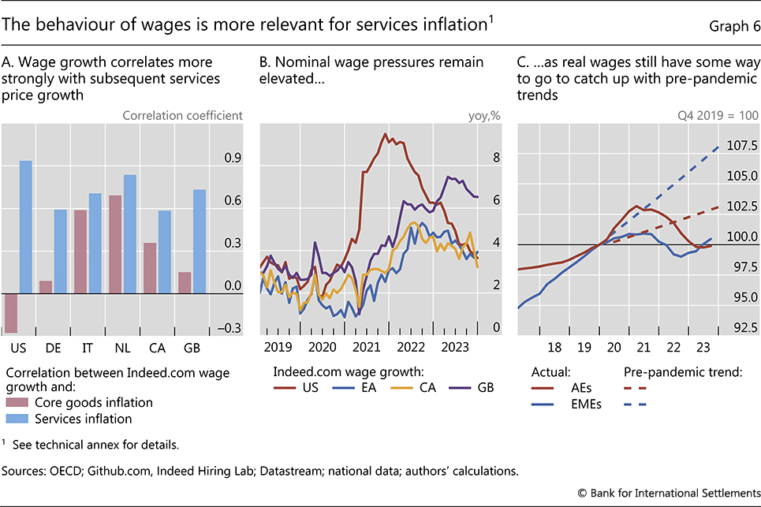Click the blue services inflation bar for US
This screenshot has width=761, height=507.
pos(25,226)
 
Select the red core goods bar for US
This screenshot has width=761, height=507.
pos(11,312)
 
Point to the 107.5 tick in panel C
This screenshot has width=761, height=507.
pos(741,146)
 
